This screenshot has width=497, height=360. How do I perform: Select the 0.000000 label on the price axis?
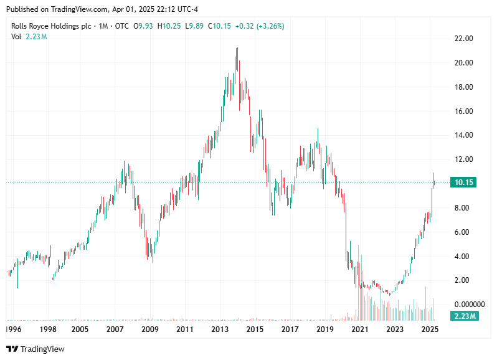click(x=469, y=304)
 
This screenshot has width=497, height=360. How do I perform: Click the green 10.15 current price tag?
click(x=464, y=182)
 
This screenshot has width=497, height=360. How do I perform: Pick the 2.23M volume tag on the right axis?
click(x=464, y=316)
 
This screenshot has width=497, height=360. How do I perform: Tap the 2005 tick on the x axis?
click(x=79, y=328)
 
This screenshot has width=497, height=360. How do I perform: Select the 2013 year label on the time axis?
click(x=220, y=328)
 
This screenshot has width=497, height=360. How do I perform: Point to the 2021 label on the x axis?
click(x=359, y=328)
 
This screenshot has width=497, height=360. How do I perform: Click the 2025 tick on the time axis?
click(x=429, y=328)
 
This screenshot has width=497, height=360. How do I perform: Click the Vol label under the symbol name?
click(x=17, y=37)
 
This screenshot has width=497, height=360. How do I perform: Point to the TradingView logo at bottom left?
click(x=35, y=349)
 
